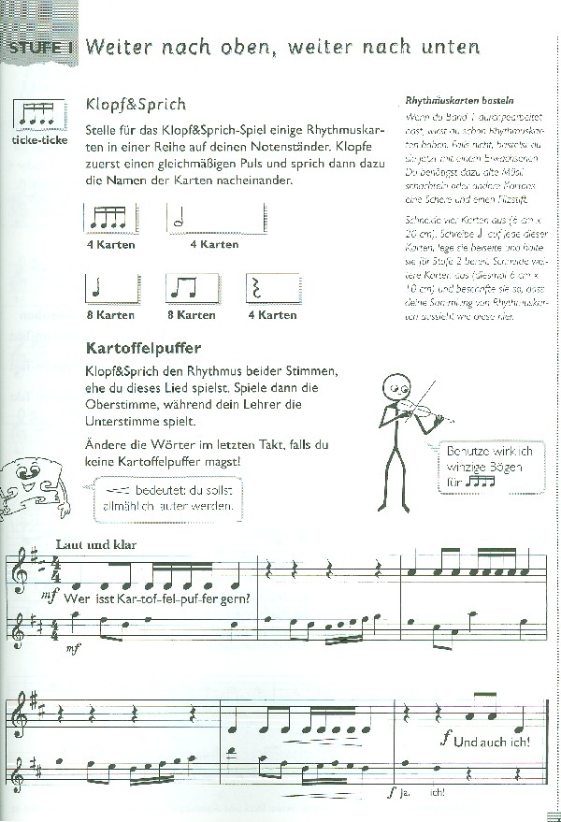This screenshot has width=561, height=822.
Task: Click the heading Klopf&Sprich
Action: point(135,104)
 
